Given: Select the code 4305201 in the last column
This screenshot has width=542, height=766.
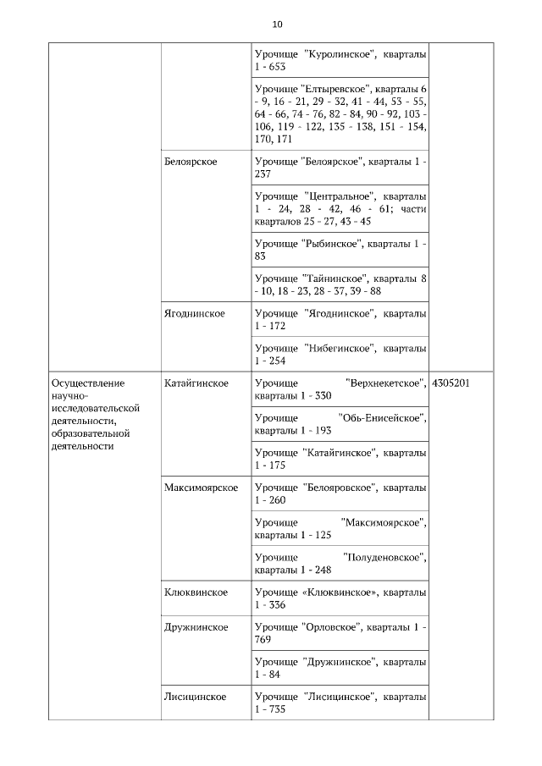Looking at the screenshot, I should point(451,383).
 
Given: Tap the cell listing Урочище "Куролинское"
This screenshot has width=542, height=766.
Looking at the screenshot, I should point(340,60).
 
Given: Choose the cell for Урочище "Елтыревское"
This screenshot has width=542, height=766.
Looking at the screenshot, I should point(340,114).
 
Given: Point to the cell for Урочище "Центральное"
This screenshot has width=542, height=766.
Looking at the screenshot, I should point(340,208).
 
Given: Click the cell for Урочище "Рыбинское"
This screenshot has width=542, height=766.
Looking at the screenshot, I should point(340,250).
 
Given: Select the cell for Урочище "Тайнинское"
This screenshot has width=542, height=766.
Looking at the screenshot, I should point(340,284).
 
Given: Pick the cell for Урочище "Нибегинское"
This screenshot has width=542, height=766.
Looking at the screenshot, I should point(340,354).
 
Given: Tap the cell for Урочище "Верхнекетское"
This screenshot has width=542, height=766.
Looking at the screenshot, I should point(340,389).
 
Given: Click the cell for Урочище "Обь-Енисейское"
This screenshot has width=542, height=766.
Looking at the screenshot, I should point(340,424).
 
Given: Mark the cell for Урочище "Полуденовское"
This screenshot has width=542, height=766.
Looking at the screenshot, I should point(340,563).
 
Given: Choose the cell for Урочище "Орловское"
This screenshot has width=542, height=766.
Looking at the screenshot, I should point(340,633).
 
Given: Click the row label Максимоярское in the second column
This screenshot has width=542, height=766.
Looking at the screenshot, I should point(202,488).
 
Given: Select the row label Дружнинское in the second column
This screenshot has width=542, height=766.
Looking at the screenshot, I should point(196,627).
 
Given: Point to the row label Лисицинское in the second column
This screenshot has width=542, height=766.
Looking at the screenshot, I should point(196,697).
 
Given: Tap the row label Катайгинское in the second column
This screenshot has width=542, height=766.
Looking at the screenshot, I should point(196,383).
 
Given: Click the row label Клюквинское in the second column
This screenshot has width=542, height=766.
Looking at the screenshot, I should point(196,592).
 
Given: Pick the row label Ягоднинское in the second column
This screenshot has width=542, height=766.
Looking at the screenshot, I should point(195,313).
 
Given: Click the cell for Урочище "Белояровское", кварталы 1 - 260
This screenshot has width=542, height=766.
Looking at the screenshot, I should point(340,493).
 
